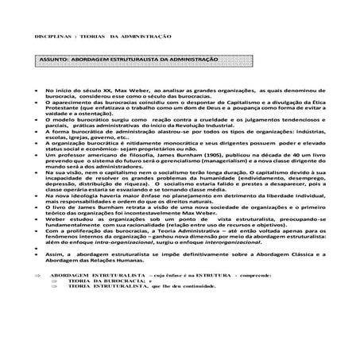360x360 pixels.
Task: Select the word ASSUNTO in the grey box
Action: tap(56, 60)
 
